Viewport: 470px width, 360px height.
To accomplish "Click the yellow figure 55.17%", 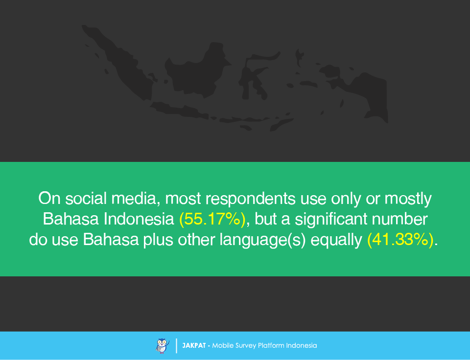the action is pos(212,219).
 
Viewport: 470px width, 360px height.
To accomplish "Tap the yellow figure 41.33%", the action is pos(400,240).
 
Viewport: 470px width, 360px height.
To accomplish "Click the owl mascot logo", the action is pos(163,346).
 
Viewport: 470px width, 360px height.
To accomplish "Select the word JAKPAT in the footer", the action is pos(194,345).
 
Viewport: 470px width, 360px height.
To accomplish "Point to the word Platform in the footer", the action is pos(271,345).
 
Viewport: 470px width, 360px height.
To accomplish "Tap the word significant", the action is pos(331,219).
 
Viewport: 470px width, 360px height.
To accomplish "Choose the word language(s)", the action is pos(262,240).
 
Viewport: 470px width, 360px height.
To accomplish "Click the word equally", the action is pos(336,240).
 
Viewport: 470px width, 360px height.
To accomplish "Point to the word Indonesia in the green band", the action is pos(139,219).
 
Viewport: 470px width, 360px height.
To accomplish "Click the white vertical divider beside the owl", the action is pos(177,346).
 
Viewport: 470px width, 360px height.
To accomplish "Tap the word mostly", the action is pos(408,199).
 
